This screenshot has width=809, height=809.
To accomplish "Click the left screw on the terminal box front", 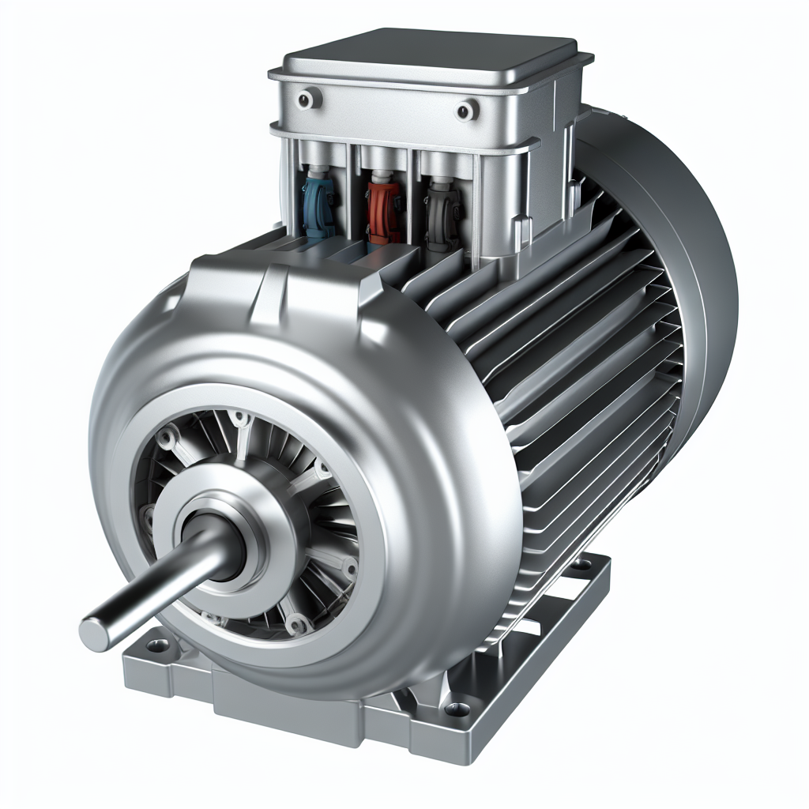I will click(x=305, y=99).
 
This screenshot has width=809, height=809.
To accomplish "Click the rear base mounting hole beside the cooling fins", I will click(x=581, y=564).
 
